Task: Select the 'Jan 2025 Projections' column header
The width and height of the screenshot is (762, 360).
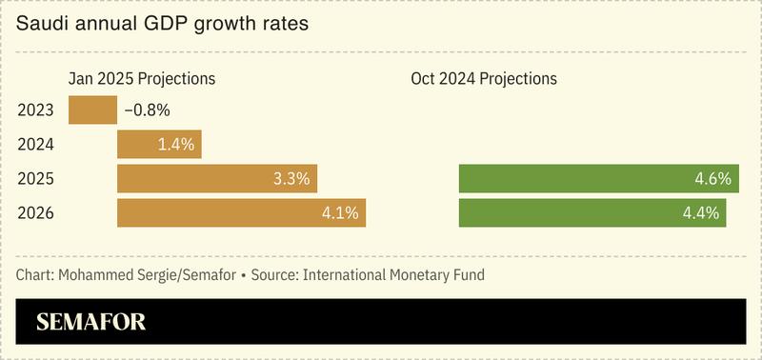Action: click(141, 78)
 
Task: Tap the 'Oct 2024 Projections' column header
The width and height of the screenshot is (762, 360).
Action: click(484, 78)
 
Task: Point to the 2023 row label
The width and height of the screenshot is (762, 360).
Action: click(35, 110)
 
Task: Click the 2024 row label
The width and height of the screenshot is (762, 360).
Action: click(35, 145)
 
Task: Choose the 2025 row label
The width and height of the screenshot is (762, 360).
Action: click(35, 179)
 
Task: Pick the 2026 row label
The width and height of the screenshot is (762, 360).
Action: click(35, 213)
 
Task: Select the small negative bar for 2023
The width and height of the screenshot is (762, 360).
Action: click(92, 110)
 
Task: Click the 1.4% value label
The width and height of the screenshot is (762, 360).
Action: click(176, 145)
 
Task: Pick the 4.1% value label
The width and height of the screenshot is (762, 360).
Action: click(340, 213)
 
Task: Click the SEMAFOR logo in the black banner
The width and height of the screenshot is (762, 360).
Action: click(91, 323)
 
